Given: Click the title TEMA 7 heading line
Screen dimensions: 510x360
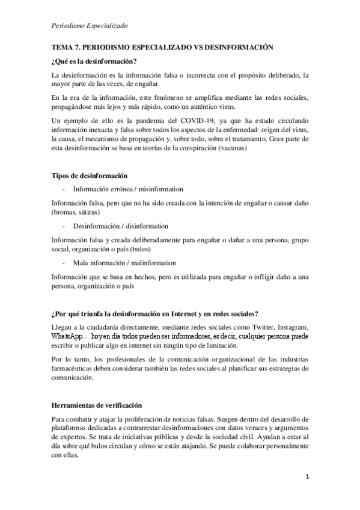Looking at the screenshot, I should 162,47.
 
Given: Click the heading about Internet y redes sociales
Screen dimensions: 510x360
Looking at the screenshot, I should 155,313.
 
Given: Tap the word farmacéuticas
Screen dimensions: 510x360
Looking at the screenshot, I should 75,368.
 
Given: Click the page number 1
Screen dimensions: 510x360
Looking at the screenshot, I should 307,478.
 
